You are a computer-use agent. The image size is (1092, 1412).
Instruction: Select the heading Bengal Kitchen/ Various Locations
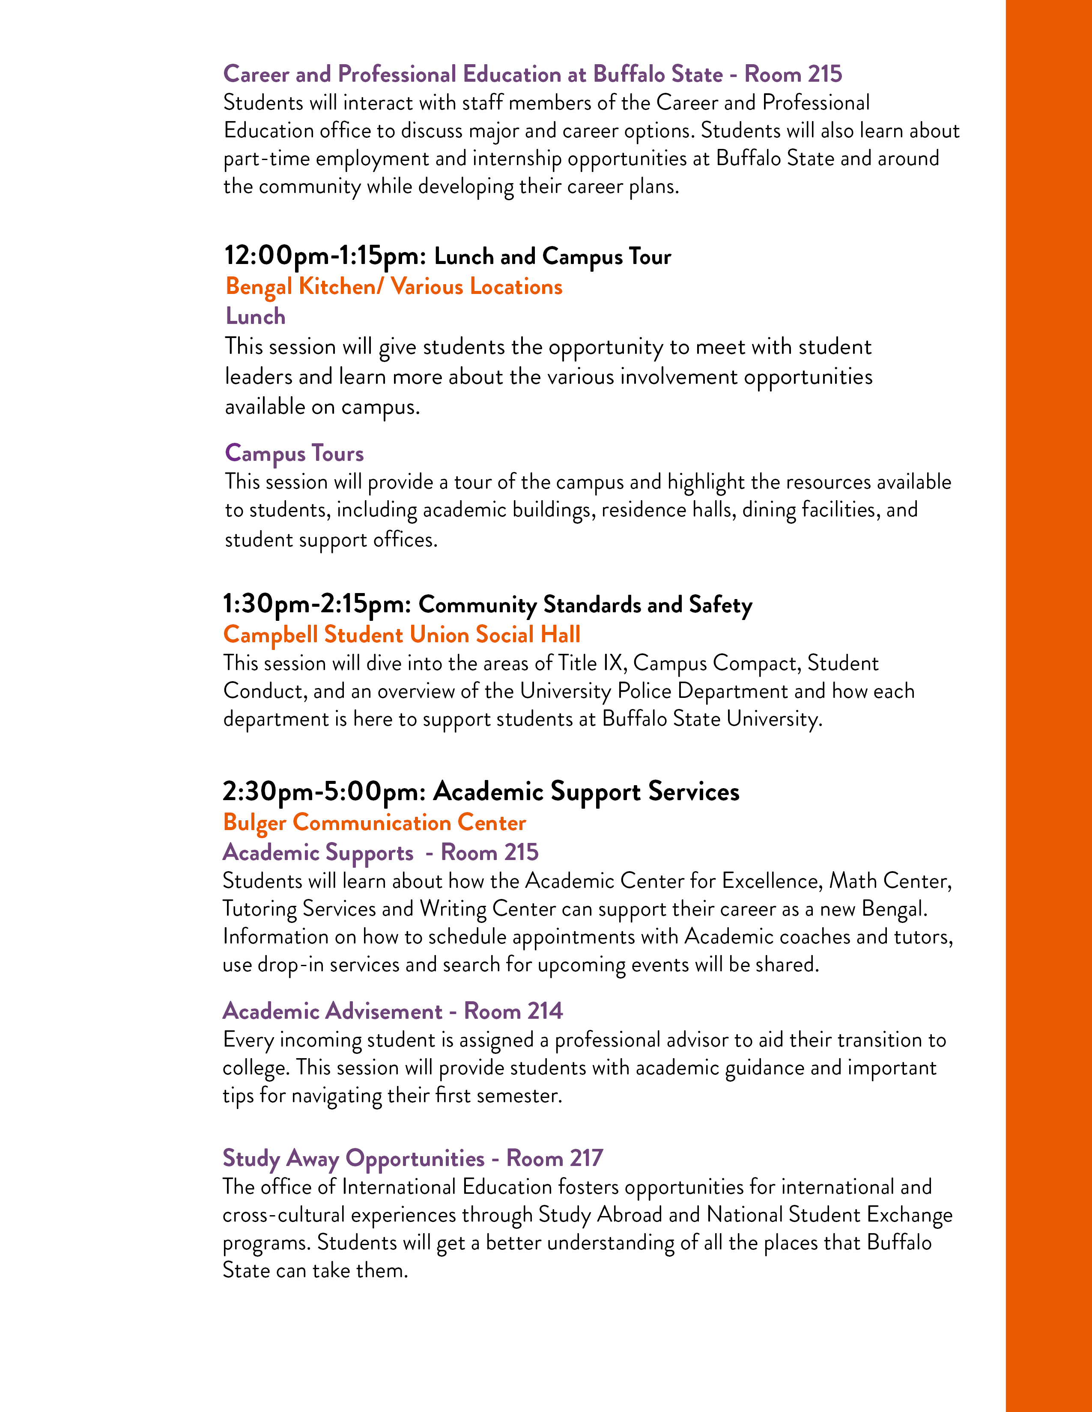click(394, 286)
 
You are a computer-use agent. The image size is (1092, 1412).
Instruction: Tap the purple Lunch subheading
click(256, 316)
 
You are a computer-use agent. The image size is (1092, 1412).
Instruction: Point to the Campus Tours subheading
click(294, 453)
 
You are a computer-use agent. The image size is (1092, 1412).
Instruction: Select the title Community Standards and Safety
click(585, 605)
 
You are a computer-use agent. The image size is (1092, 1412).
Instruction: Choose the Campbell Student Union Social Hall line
click(402, 634)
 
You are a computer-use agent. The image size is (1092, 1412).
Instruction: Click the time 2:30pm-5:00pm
click(323, 791)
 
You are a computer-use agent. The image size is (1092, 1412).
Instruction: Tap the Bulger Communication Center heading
click(375, 822)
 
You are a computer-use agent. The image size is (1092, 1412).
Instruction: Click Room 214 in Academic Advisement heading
click(513, 1011)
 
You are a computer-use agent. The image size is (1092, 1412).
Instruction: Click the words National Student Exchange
click(829, 1214)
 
